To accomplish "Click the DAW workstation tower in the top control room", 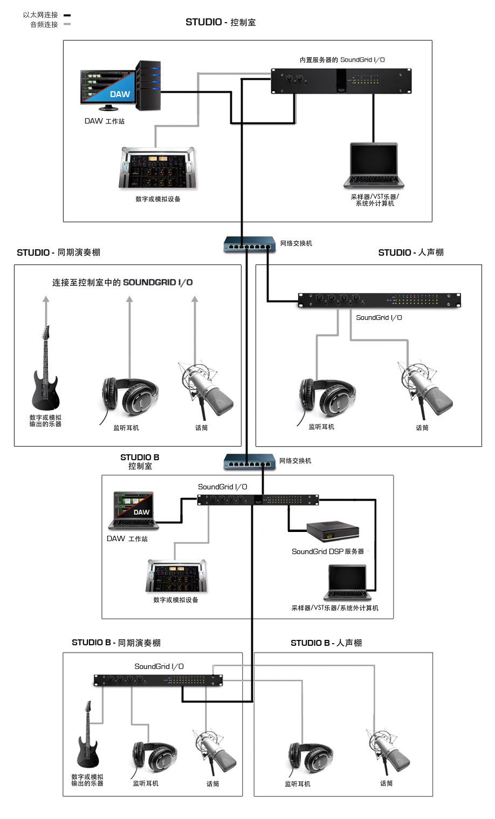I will (148, 86).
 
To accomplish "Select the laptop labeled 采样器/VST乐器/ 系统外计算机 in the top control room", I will (373, 165).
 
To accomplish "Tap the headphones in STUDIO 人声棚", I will (327, 398).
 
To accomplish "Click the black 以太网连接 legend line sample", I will (67, 16).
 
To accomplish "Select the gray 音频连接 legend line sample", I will (67, 24).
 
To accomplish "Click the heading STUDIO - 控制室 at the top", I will (221, 22).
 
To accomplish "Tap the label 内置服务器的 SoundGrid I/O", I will (342, 60).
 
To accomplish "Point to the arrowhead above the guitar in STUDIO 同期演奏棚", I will (46, 299).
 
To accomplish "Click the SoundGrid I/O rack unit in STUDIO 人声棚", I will (379, 300).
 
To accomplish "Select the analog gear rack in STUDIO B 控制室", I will (176, 576).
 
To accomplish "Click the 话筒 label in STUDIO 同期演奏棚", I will (201, 428).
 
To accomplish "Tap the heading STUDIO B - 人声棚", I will (326, 643).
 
